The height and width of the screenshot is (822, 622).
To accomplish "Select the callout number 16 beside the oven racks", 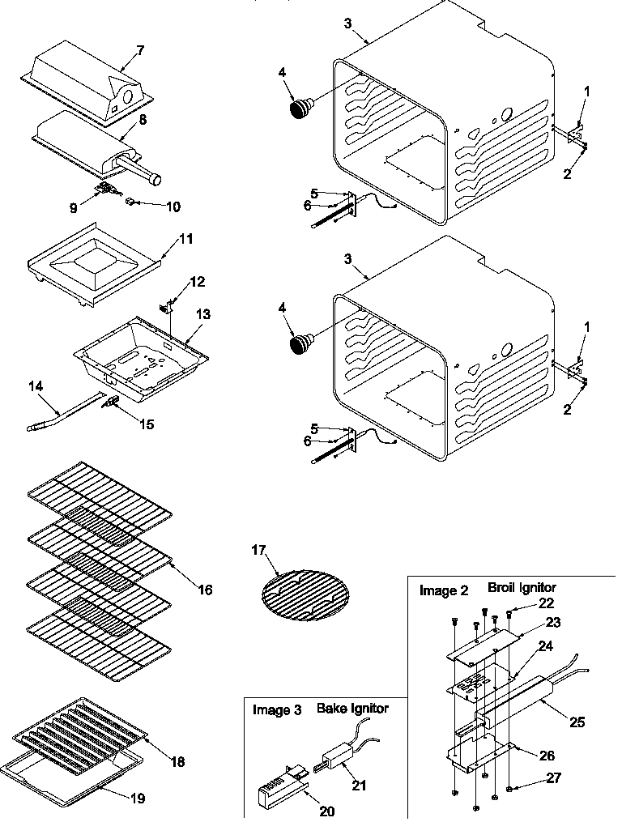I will pos(205,590).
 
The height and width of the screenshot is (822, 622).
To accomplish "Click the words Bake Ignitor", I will pos(352,709).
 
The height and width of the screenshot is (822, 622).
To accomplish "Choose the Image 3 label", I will pos(277,710).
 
